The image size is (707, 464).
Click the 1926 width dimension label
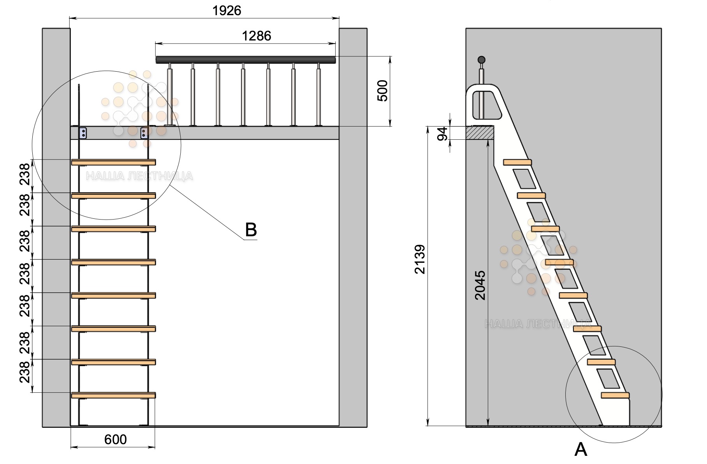tap(227, 11)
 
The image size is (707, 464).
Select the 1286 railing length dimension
tap(256, 36)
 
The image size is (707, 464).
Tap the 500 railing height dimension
tap(383, 91)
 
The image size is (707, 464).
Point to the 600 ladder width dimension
tap(115, 439)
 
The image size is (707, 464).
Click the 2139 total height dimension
tap(420, 259)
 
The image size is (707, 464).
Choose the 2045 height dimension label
tap(480, 285)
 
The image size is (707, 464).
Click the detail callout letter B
tap(251, 230)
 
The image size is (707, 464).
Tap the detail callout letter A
tap(580, 450)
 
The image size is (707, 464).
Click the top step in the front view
tap(113, 162)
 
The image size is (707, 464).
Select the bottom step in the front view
tap(113, 395)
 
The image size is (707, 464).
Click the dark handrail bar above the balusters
tap(245, 60)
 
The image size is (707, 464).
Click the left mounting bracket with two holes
tap(83, 133)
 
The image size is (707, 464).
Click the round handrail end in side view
tap(482, 60)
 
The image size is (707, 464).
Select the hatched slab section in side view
tap(480, 133)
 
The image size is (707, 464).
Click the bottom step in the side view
tap(615, 395)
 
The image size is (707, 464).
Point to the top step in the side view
tap(517, 162)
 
